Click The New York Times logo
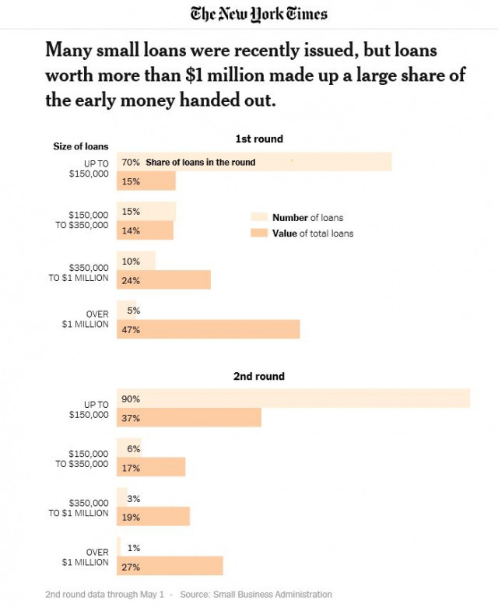point(259,14)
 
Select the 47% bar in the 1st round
point(208,329)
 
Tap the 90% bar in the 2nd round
point(293,398)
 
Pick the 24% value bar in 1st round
point(163,279)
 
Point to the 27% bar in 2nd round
point(170,566)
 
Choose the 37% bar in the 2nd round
point(188,417)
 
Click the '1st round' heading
point(259,139)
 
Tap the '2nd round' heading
point(259,376)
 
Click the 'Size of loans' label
point(80,146)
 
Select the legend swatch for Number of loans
point(259,218)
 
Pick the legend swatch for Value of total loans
point(259,234)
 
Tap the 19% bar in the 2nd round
point(153,516)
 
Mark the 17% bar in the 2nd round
point(151,467)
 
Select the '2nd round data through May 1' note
point(104,594)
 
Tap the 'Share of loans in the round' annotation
point(200,163)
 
